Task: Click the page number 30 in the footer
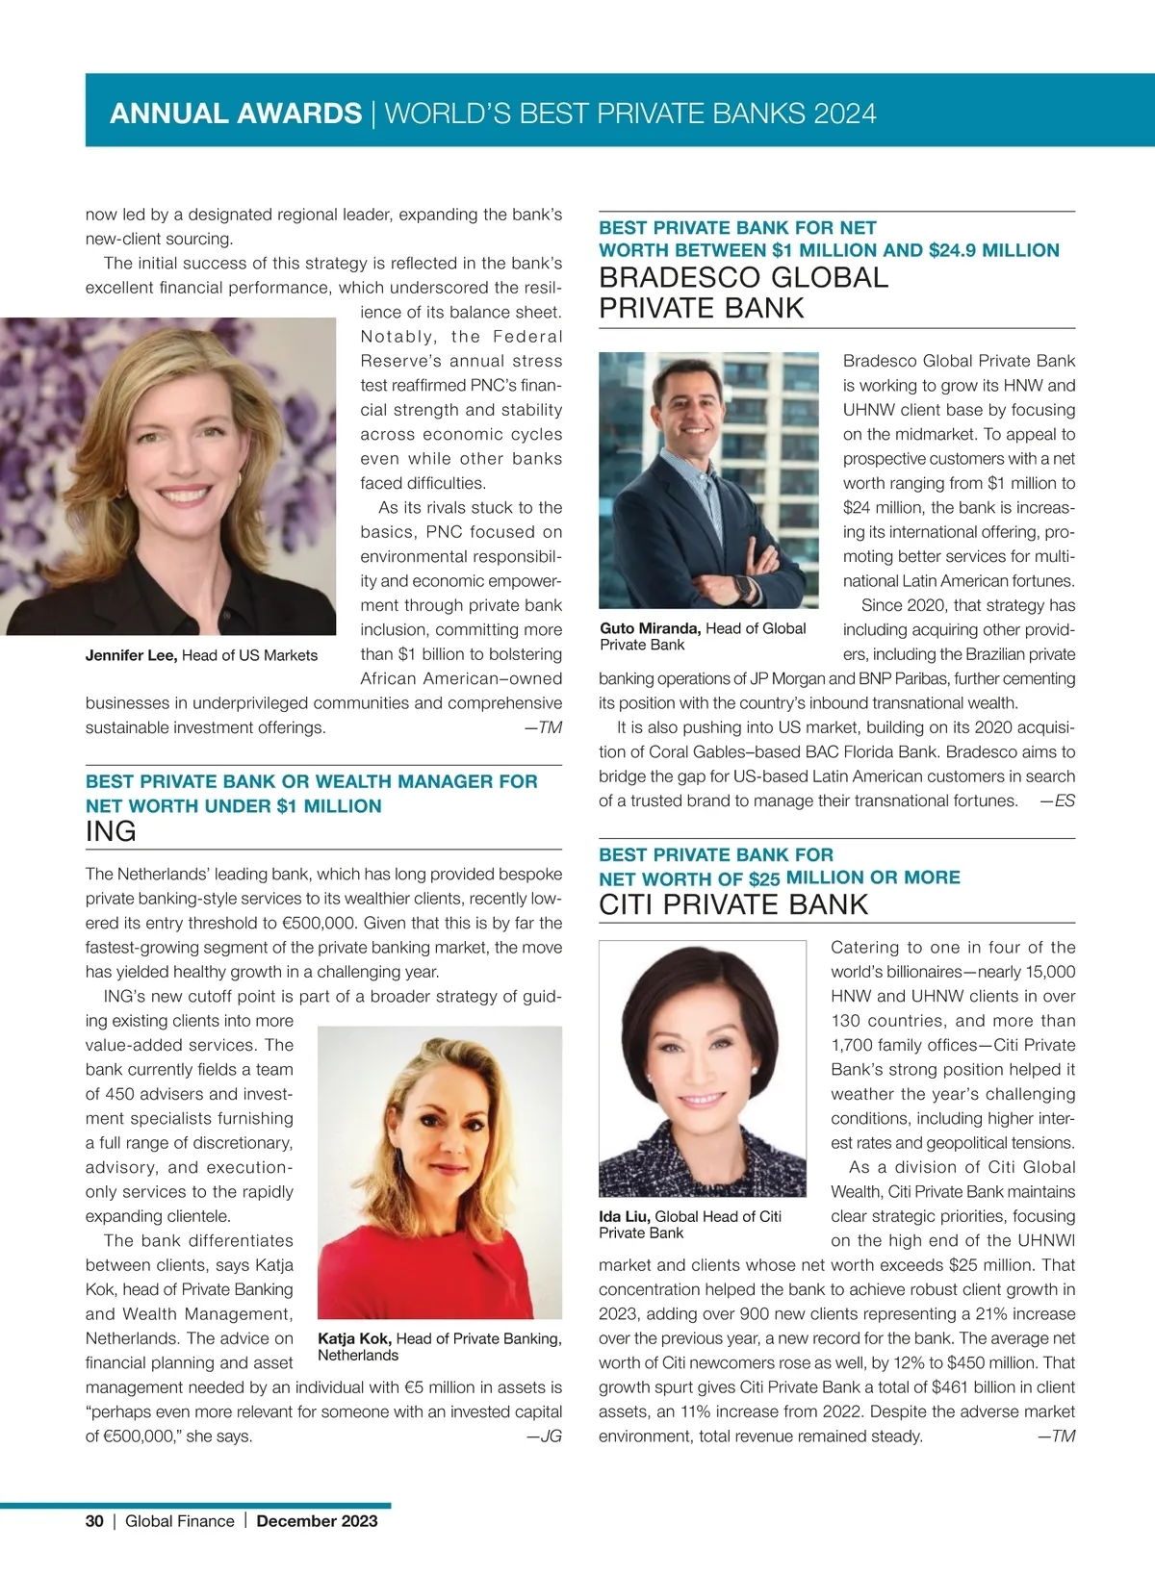[x=94, y=1521]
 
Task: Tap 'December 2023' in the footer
[x=317, y=1521]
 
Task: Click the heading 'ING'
[x=111, y=832]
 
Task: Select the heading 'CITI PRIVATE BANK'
[x=733, y=905]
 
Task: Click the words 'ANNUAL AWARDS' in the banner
[x=236, y=114]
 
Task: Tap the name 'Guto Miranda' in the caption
[x=650, y=628]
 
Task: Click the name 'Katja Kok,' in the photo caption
[x=354, y=1338]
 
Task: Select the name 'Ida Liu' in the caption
[x=624, y=1216]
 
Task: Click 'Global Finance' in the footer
[x=180, y=1521]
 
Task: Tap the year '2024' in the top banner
[x=845, y=114]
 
